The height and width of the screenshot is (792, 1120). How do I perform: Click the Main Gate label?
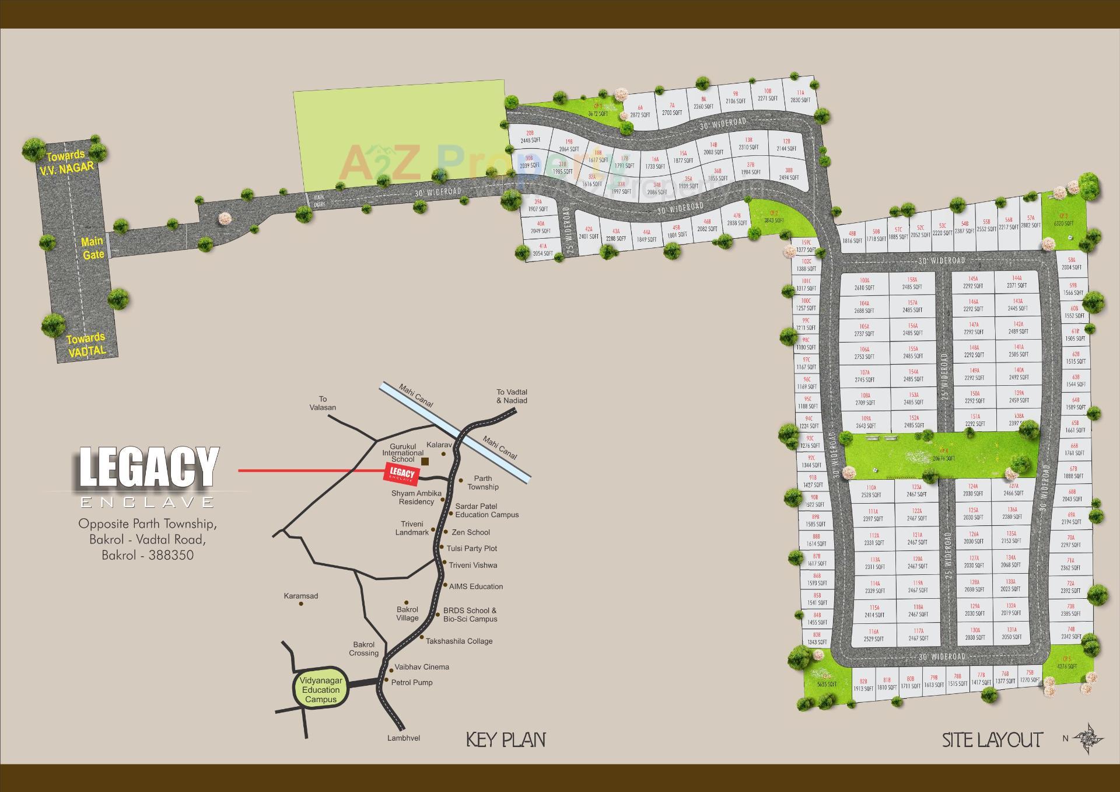click(93, 248)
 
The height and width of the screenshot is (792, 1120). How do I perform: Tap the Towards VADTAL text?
click(86, 344)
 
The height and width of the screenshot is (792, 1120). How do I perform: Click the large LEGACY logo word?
click(149, 467)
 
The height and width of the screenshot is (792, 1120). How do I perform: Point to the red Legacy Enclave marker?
click(402, 473)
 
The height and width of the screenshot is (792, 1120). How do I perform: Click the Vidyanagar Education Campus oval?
click(321, 690)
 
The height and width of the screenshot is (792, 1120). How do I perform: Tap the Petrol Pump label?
click(412, 682)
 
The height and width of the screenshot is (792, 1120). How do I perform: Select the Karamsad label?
click(301, 596)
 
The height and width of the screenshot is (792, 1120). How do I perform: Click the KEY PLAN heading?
click(506, 740)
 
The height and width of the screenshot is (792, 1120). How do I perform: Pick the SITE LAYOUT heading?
click(992, 740)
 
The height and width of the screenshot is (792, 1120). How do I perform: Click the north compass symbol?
click(1087, 738)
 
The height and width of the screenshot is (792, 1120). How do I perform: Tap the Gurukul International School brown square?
click(425, 462)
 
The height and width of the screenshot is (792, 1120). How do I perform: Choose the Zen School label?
click(471, 532)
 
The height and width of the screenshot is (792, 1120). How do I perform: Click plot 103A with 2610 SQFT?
click(864, 284)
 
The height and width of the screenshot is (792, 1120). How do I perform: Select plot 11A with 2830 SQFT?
click(800, 96)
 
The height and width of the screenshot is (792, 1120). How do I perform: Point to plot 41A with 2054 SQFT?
click(543, 250)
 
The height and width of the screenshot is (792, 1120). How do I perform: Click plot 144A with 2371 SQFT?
click(1017, 282)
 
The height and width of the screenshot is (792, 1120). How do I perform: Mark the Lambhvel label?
click(404, 738)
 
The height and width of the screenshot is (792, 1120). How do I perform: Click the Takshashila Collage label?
click(459, 641)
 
